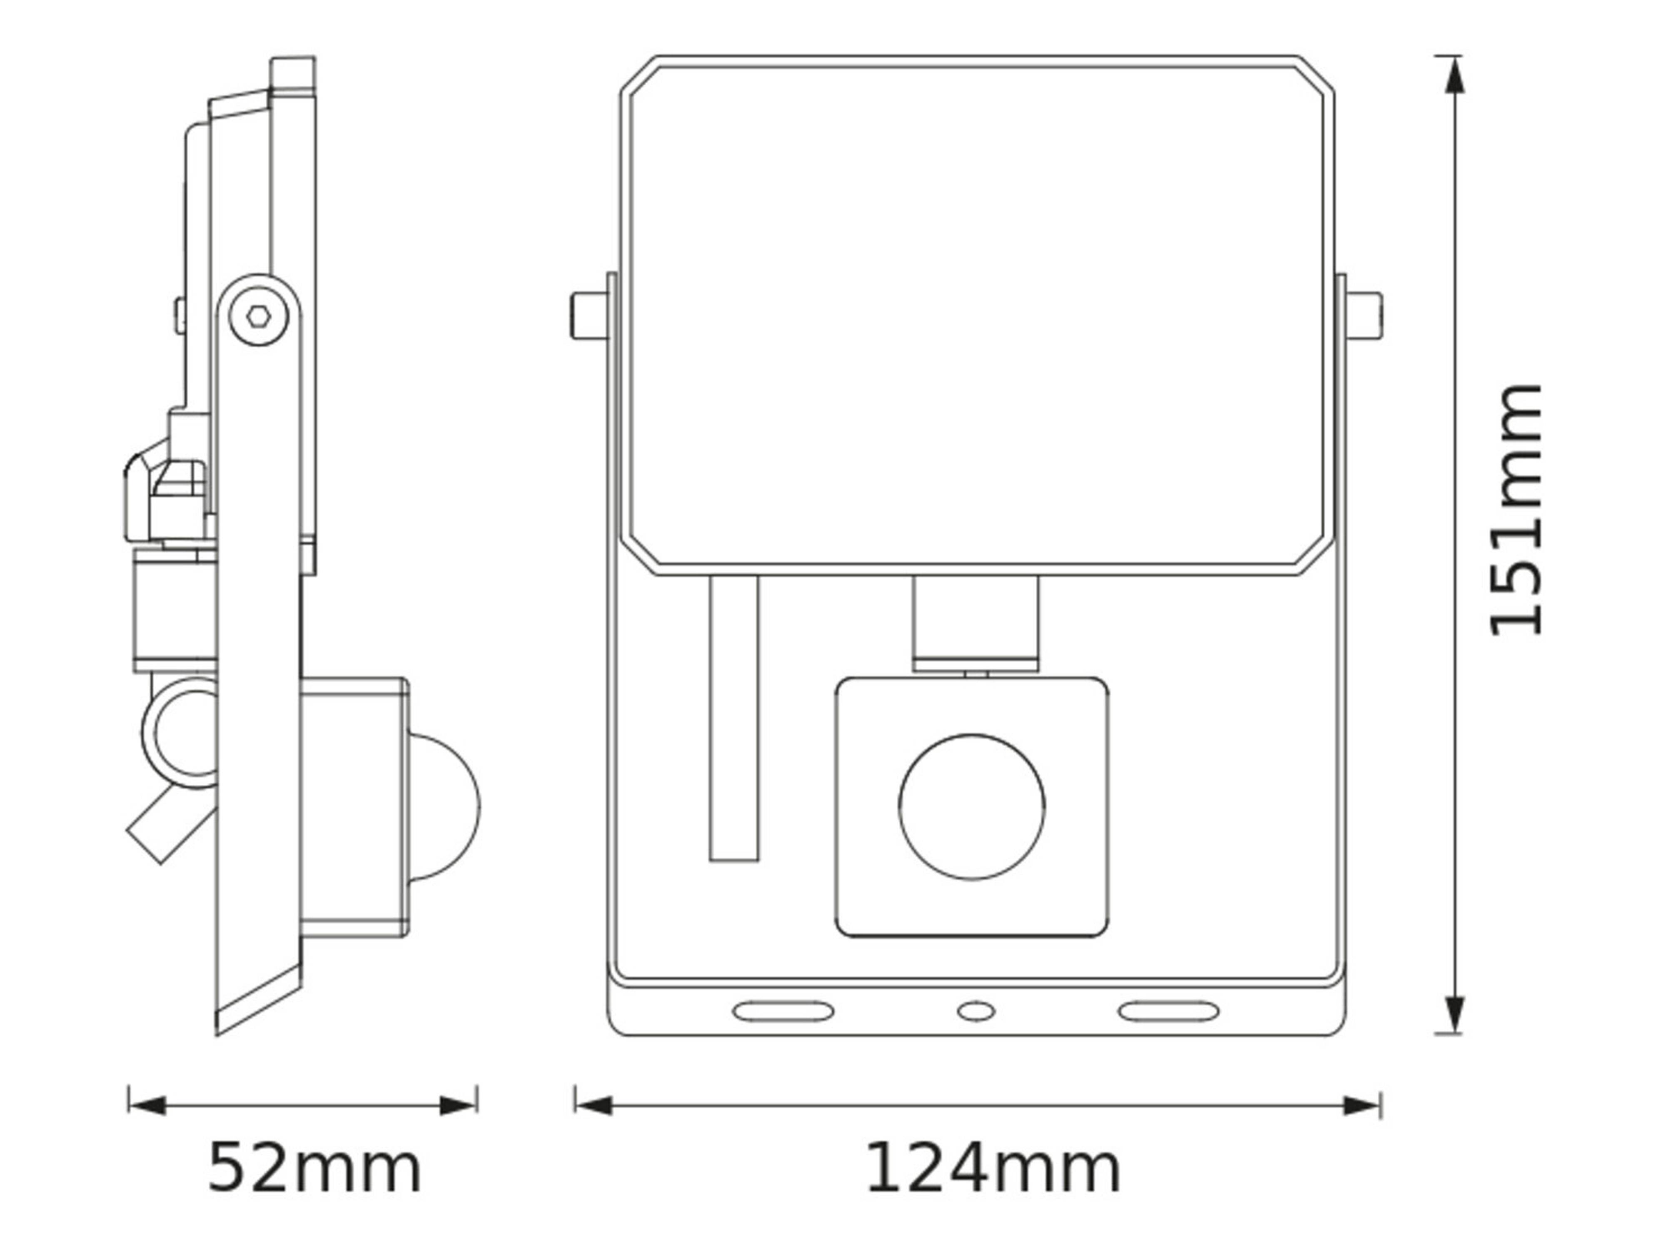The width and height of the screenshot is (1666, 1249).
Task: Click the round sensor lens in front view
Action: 972,806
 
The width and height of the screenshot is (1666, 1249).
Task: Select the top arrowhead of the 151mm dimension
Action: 1455,75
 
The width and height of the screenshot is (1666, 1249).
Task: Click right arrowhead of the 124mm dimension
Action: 1362,1106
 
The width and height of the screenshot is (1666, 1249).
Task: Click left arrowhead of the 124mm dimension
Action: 594,1106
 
